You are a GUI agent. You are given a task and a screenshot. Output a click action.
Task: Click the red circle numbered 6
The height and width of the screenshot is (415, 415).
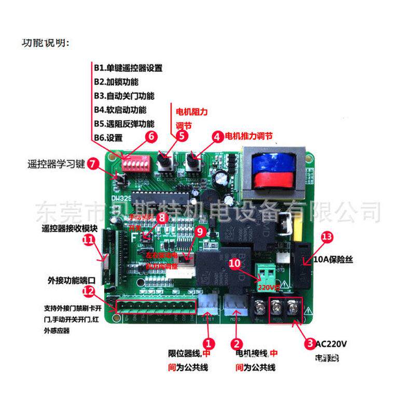151,137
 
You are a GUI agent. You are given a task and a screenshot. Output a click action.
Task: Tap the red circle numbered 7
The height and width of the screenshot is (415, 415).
92,163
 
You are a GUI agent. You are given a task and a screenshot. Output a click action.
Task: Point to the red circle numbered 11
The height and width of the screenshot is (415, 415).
89,240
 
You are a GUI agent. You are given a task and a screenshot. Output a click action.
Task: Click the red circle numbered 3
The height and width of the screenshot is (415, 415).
310,343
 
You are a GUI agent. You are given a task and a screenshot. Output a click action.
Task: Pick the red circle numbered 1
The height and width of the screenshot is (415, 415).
208,343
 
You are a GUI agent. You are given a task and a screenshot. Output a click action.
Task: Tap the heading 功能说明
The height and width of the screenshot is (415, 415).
45,42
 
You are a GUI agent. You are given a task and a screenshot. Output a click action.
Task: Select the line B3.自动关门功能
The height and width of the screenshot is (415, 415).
124,96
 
